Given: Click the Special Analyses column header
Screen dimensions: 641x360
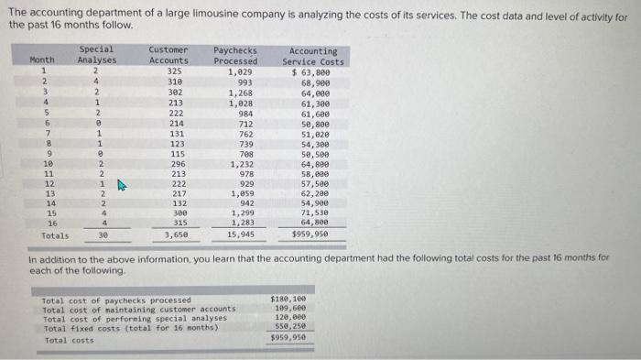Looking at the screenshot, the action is click(x=96, y=55).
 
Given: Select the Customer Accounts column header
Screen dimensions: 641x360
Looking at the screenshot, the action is click(x=168, y=55).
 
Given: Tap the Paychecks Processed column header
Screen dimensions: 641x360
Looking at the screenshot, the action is click(x=235, y=55).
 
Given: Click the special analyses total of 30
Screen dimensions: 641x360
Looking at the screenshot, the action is click(x=103, y=235).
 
